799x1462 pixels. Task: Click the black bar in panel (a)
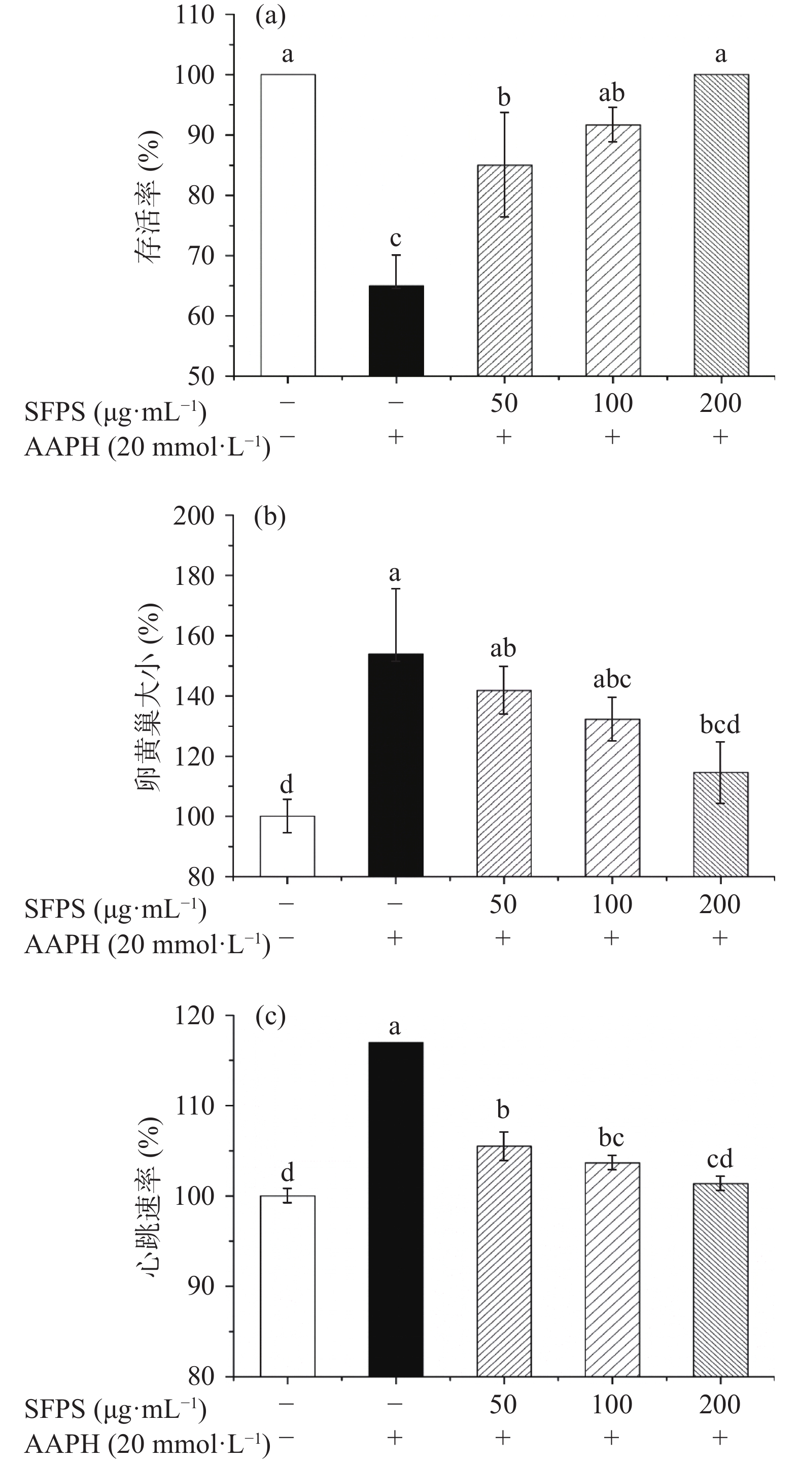coord(396,330)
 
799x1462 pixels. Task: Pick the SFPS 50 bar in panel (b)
coord(504,783)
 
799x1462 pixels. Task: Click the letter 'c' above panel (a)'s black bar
coord(396,238)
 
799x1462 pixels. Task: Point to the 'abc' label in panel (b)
coord(612,679)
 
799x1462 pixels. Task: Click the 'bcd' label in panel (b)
coord(720,725)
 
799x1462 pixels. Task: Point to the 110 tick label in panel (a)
coord(195,15)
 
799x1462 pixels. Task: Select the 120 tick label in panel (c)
coord(195,1016)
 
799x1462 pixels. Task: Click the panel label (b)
coord(270,517)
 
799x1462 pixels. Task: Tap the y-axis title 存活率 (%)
coord(149,195)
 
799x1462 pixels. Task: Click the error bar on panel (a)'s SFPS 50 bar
coord(504,164)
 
